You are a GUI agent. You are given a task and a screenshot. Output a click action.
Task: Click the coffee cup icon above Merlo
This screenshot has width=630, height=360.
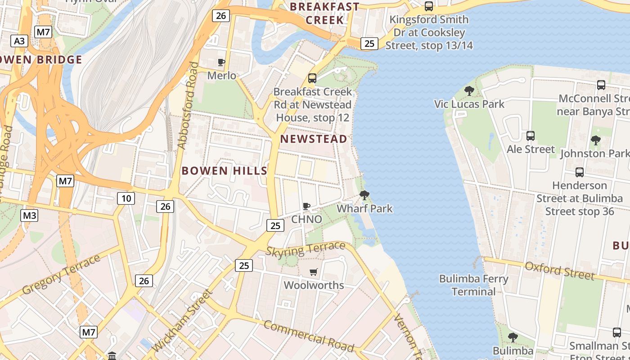tap(221, 62)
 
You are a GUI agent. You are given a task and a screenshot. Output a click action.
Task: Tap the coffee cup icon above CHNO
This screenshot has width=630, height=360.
tap(306, 206)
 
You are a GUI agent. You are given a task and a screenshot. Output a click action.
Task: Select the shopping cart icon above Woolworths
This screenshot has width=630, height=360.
tap(314, 272)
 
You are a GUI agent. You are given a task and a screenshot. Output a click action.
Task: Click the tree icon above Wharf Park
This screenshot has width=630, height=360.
tap(364, 195)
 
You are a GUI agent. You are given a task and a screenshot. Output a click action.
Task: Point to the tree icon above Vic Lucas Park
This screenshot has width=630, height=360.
tap(469, 90)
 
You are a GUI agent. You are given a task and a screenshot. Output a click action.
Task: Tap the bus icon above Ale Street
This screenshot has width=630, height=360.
tap(531, 135)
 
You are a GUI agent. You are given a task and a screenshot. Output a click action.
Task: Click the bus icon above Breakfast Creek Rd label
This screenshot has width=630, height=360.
tap(312, 78)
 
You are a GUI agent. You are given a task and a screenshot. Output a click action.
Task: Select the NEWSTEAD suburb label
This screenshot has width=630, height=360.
tap(314, 139)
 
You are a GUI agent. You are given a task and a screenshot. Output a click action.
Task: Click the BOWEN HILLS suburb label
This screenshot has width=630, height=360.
tap(224, 171)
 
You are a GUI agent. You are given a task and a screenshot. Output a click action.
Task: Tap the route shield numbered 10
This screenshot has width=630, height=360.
tap(126, 198)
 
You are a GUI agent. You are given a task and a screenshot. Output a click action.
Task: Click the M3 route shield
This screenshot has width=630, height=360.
tap(29, 215)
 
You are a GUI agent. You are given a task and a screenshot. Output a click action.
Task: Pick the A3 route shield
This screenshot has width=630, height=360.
tap(19, 41)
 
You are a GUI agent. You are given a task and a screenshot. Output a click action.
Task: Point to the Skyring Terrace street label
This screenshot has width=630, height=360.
tap(306, 249)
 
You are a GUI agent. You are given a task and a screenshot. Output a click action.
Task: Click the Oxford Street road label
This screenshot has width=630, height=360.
tap(559, 270)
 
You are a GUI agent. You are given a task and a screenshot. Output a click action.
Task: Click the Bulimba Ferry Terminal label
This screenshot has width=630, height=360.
tap(473, 285)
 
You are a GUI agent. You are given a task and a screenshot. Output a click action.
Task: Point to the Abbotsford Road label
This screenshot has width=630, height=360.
tap(188, 105)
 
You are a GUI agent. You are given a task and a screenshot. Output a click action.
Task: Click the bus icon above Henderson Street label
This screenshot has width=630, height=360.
tap(580, 172)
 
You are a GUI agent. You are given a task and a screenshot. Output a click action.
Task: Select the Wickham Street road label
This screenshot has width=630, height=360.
tap(182, 321)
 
